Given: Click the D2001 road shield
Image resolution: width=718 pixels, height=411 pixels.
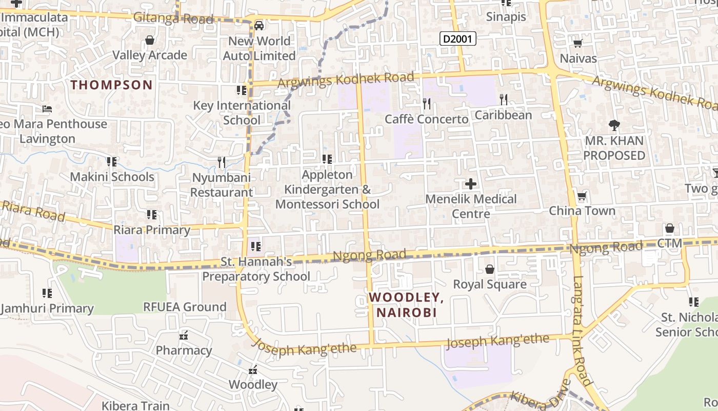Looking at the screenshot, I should tap(458, 38).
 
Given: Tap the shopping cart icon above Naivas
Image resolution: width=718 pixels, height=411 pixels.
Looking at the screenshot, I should tap(578, 44).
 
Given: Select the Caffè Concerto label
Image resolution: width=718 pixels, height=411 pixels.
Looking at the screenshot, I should tap(427, 119).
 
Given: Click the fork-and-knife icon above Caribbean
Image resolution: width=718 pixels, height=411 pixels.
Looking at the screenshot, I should tap(504, 99).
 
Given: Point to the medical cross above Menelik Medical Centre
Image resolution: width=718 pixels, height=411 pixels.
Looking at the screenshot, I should tap(470, 183).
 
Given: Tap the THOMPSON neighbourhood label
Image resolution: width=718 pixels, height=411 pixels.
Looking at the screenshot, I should tap(112, 85).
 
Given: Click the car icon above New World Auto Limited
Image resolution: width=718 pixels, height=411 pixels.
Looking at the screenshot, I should tap(259, 26).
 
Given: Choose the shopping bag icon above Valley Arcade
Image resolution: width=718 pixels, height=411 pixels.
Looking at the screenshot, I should tap(150, 40).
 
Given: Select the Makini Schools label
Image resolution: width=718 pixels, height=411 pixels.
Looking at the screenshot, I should tap(112, 177).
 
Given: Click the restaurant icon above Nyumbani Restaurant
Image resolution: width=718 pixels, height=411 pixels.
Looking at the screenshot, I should tap(222, 162).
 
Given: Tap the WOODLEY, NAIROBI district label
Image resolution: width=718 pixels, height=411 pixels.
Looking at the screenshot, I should tap(406, 305).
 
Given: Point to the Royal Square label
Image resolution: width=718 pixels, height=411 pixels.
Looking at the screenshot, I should tap(490, 284).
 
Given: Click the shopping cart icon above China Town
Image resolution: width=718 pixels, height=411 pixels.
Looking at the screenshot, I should tap(582, 196).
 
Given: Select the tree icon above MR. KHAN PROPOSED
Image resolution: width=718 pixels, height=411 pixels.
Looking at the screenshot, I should tap(614, 125).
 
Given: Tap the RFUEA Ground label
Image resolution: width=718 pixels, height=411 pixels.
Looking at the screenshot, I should tap(185, 307).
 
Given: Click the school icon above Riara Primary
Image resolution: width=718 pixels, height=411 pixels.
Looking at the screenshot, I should tap(152, 214).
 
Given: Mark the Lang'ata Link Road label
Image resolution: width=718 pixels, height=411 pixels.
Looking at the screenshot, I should tap(583, 331).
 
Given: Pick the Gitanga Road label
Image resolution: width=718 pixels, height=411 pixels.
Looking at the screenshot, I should tap(173, 19).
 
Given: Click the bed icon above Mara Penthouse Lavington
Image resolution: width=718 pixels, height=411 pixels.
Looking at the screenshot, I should tap(47, 109).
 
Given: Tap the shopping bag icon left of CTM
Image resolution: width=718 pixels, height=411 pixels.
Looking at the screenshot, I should tap(669, 228).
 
